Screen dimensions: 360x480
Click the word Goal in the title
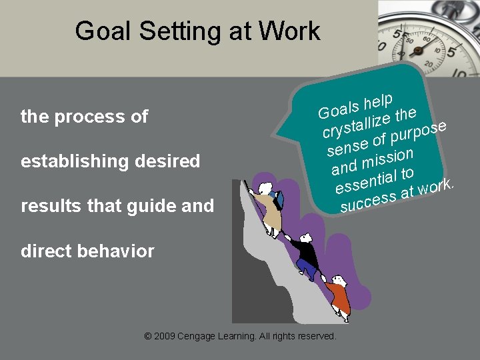(x=100, y=31)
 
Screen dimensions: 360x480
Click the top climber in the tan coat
(x=269, y=207)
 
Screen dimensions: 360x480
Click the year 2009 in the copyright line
(x=165, y=337)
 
